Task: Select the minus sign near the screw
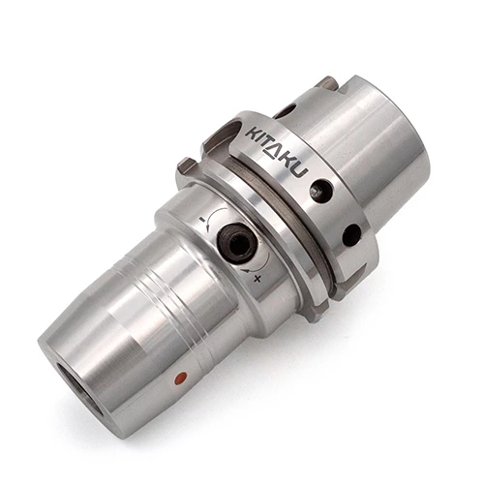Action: coord(200,221)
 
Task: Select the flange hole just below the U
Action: coord(320,191)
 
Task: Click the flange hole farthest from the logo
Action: coord(350,234)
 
